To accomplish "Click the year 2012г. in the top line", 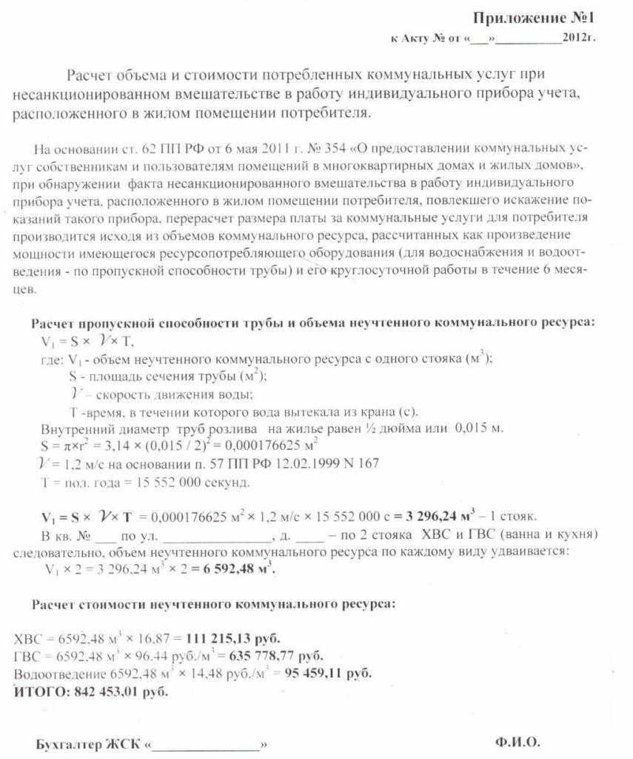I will point(578,36).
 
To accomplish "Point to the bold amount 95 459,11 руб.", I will point(326,675).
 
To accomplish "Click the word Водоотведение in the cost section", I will point(60,675).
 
